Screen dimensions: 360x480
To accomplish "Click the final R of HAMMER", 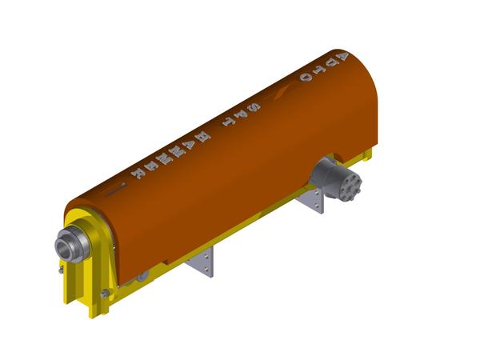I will [138, 174].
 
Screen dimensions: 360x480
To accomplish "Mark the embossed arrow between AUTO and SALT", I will [279, 94].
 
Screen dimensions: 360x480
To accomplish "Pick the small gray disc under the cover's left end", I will [142, 277].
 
